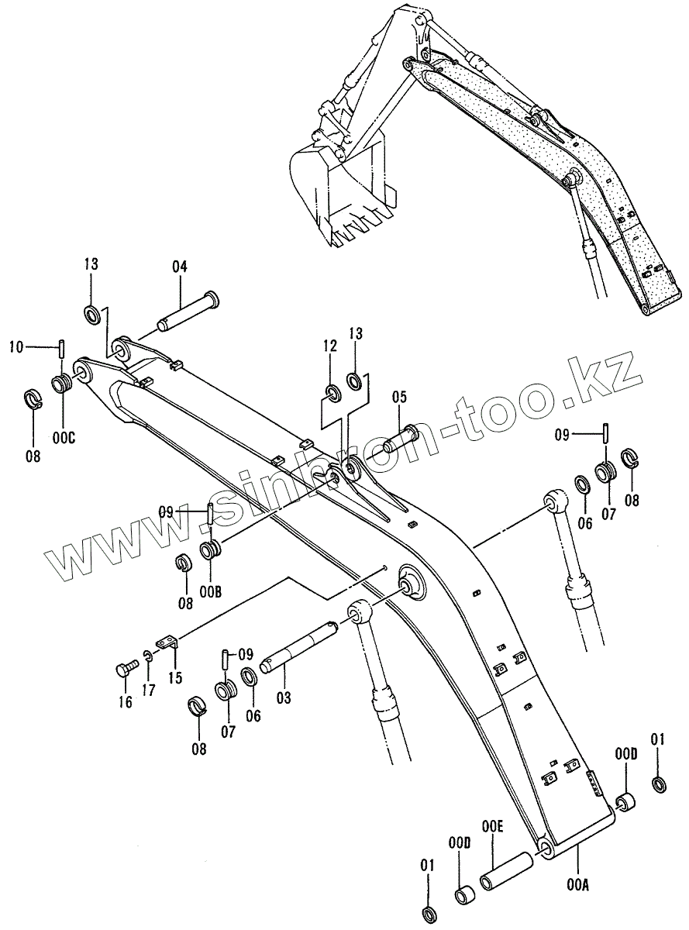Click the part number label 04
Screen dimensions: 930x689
click(x=180, y=267)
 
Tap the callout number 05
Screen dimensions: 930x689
click(x=398, y=398)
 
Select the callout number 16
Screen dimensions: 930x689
click(x=126, y=702)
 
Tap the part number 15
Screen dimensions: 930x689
click(x=175, y=677)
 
